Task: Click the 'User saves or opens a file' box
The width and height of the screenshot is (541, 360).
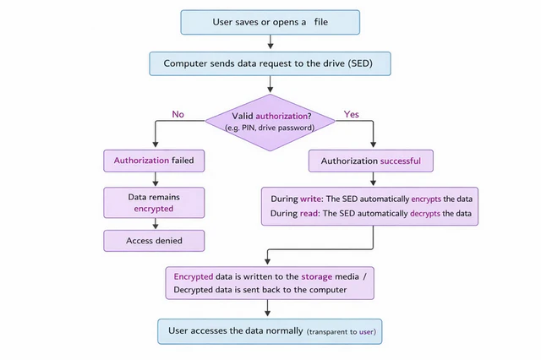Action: pyautogui.click(x=270, y=21)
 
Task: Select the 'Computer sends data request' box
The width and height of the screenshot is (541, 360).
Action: pyautogui.click(x=270, y=63)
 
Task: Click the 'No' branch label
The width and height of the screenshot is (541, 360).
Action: pyautogui.click(x=178, y=112)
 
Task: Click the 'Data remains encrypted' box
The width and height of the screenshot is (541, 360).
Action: pyautogui.click(x=154, y=201)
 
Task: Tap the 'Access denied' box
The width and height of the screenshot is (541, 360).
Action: pyautogui.click(x=154, y=240)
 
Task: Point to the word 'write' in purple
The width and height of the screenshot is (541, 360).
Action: pyautogui.click(x=311, y=199)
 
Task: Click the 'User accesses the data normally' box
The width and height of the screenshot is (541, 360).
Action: pyautogui.click(x=270, y=331)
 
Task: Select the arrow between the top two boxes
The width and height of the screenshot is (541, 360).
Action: pyautogui.click(x=270, y=41)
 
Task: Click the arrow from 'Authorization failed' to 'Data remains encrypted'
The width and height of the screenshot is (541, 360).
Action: pyautogui.click(x=154, y=177)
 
